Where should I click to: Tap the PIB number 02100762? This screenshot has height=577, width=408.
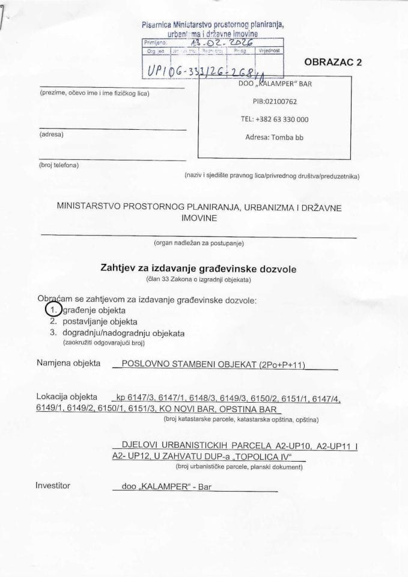276,102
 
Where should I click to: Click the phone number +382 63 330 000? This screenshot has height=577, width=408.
275,119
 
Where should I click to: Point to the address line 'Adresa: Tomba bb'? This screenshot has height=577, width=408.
275,137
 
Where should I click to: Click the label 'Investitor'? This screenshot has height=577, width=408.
53,485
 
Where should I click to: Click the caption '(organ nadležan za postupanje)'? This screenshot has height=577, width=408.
198,243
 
